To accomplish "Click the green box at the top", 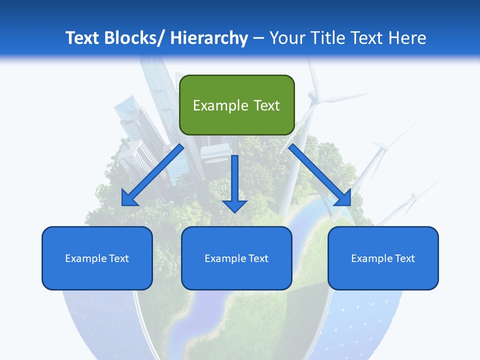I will click(236, 105).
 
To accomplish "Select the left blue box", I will click(97, 258).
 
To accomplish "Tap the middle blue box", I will click(236, 258).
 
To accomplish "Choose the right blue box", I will click(383, 258).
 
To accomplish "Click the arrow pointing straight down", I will click(235, 182).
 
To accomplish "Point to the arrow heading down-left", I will click(152, 175).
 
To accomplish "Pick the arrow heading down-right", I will click(320, 175).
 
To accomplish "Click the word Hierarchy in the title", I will click(209, 38).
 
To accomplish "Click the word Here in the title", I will click(407, 38).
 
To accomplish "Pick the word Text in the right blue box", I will click(404, 258).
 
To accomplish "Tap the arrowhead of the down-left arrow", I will click(128, 199).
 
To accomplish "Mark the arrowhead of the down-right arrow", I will click(343, 198).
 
